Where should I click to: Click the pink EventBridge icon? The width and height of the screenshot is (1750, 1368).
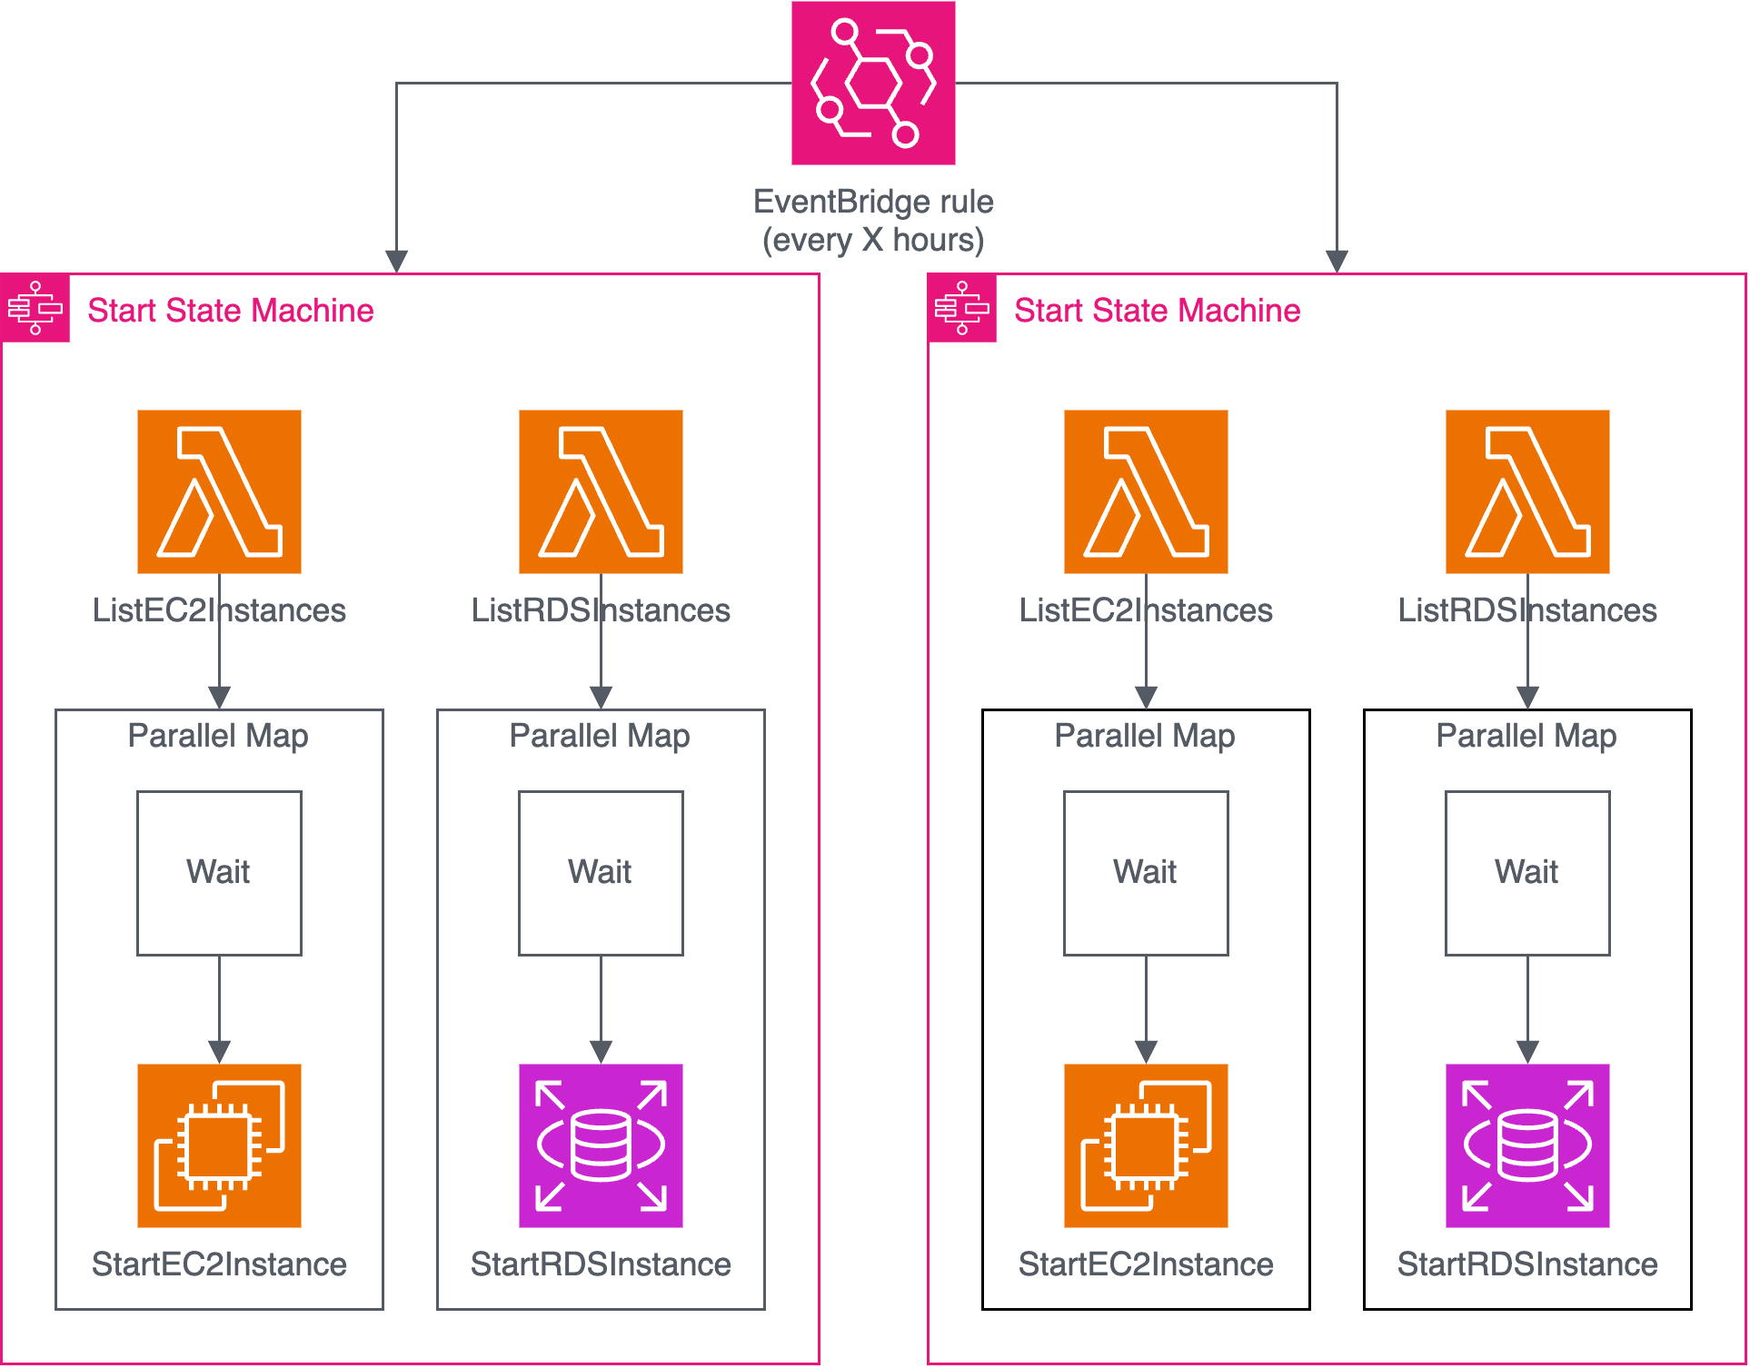pos(873,83)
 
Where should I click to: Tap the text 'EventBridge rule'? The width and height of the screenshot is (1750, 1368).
pos(873,202)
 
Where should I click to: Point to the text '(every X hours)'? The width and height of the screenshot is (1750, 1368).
pos(873,241)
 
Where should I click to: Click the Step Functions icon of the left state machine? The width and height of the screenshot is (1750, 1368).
pos(35,309)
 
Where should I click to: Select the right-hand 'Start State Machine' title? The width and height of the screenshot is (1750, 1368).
pos(1157,311)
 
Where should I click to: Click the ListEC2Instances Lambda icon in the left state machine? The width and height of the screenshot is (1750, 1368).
pos(219,491)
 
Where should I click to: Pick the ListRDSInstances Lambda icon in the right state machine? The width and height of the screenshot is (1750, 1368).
pos(1527,491)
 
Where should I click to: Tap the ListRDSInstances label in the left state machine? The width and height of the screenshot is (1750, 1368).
pos(601,610)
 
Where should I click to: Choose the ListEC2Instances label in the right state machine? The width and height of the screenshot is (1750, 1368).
pos(1146,610)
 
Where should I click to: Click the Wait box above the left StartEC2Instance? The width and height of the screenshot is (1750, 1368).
pos(219,873)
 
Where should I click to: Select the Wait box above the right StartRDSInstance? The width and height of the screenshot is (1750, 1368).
pos(1527,873)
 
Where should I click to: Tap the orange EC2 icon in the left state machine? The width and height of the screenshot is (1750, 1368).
pos(219,1145)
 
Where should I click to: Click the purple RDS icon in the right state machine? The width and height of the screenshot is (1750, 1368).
pos(1527,1145)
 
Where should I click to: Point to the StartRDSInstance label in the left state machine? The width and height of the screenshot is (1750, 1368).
pos(601,1264)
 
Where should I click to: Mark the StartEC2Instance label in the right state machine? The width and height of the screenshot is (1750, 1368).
pos(1146,1264)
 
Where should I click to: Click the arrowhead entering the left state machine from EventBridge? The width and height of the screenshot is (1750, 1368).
pos(396,261)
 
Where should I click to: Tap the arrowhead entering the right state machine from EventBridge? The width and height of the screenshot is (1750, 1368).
pos(1337,261)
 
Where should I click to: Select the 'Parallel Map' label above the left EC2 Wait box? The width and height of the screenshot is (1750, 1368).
pos(218,736)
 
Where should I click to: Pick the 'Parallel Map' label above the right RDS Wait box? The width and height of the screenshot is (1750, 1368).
pos(1526,736)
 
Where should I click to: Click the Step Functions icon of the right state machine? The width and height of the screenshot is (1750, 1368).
pos(962,309)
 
